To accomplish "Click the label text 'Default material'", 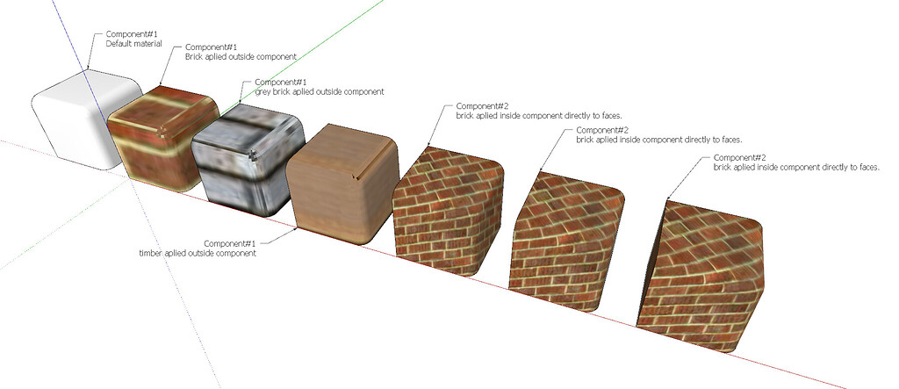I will (x=133, y=43).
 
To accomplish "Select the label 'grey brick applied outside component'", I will (x=313, y=91).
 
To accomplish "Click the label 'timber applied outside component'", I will (x=198, y=253).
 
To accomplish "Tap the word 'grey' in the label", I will (x=263, y=91).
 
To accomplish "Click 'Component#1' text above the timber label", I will (x=229, y=243).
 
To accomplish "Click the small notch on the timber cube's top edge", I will (x=355, y=180).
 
